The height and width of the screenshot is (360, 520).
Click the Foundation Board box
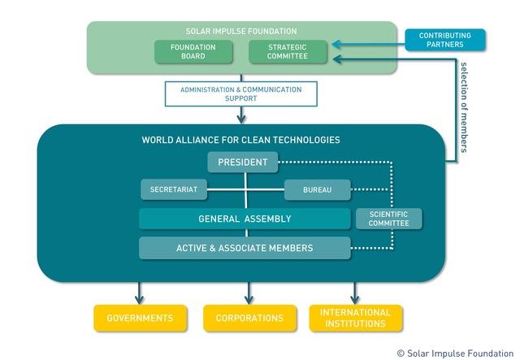coord(193,52)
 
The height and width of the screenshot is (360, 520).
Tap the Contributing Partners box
coord(444,40)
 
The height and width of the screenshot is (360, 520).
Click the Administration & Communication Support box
coord(240,93)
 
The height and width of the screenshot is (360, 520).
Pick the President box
coord(242,162)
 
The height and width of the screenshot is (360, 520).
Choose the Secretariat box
coord(173,190)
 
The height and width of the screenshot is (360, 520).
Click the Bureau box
coord(317,190)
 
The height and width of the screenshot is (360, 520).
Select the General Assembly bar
coord(245,219)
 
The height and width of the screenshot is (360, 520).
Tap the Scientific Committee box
coord(389,219)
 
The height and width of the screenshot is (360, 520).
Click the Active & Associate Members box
coord(245,248)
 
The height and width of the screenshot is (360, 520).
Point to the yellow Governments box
coord(140,318)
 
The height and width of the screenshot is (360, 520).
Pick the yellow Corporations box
coord(249,318)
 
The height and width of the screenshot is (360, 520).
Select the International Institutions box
coord(355,318)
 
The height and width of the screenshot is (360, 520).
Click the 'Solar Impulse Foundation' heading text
coord(241,31)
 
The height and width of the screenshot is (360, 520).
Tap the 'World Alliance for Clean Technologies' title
coord(240,140)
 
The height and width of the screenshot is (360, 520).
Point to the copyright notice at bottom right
coord(456,353)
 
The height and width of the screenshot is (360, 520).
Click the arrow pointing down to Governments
coord(140,293)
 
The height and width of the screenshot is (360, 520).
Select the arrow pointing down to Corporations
coord(249,293)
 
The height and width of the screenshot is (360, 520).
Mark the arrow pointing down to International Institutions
coord(355,293)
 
